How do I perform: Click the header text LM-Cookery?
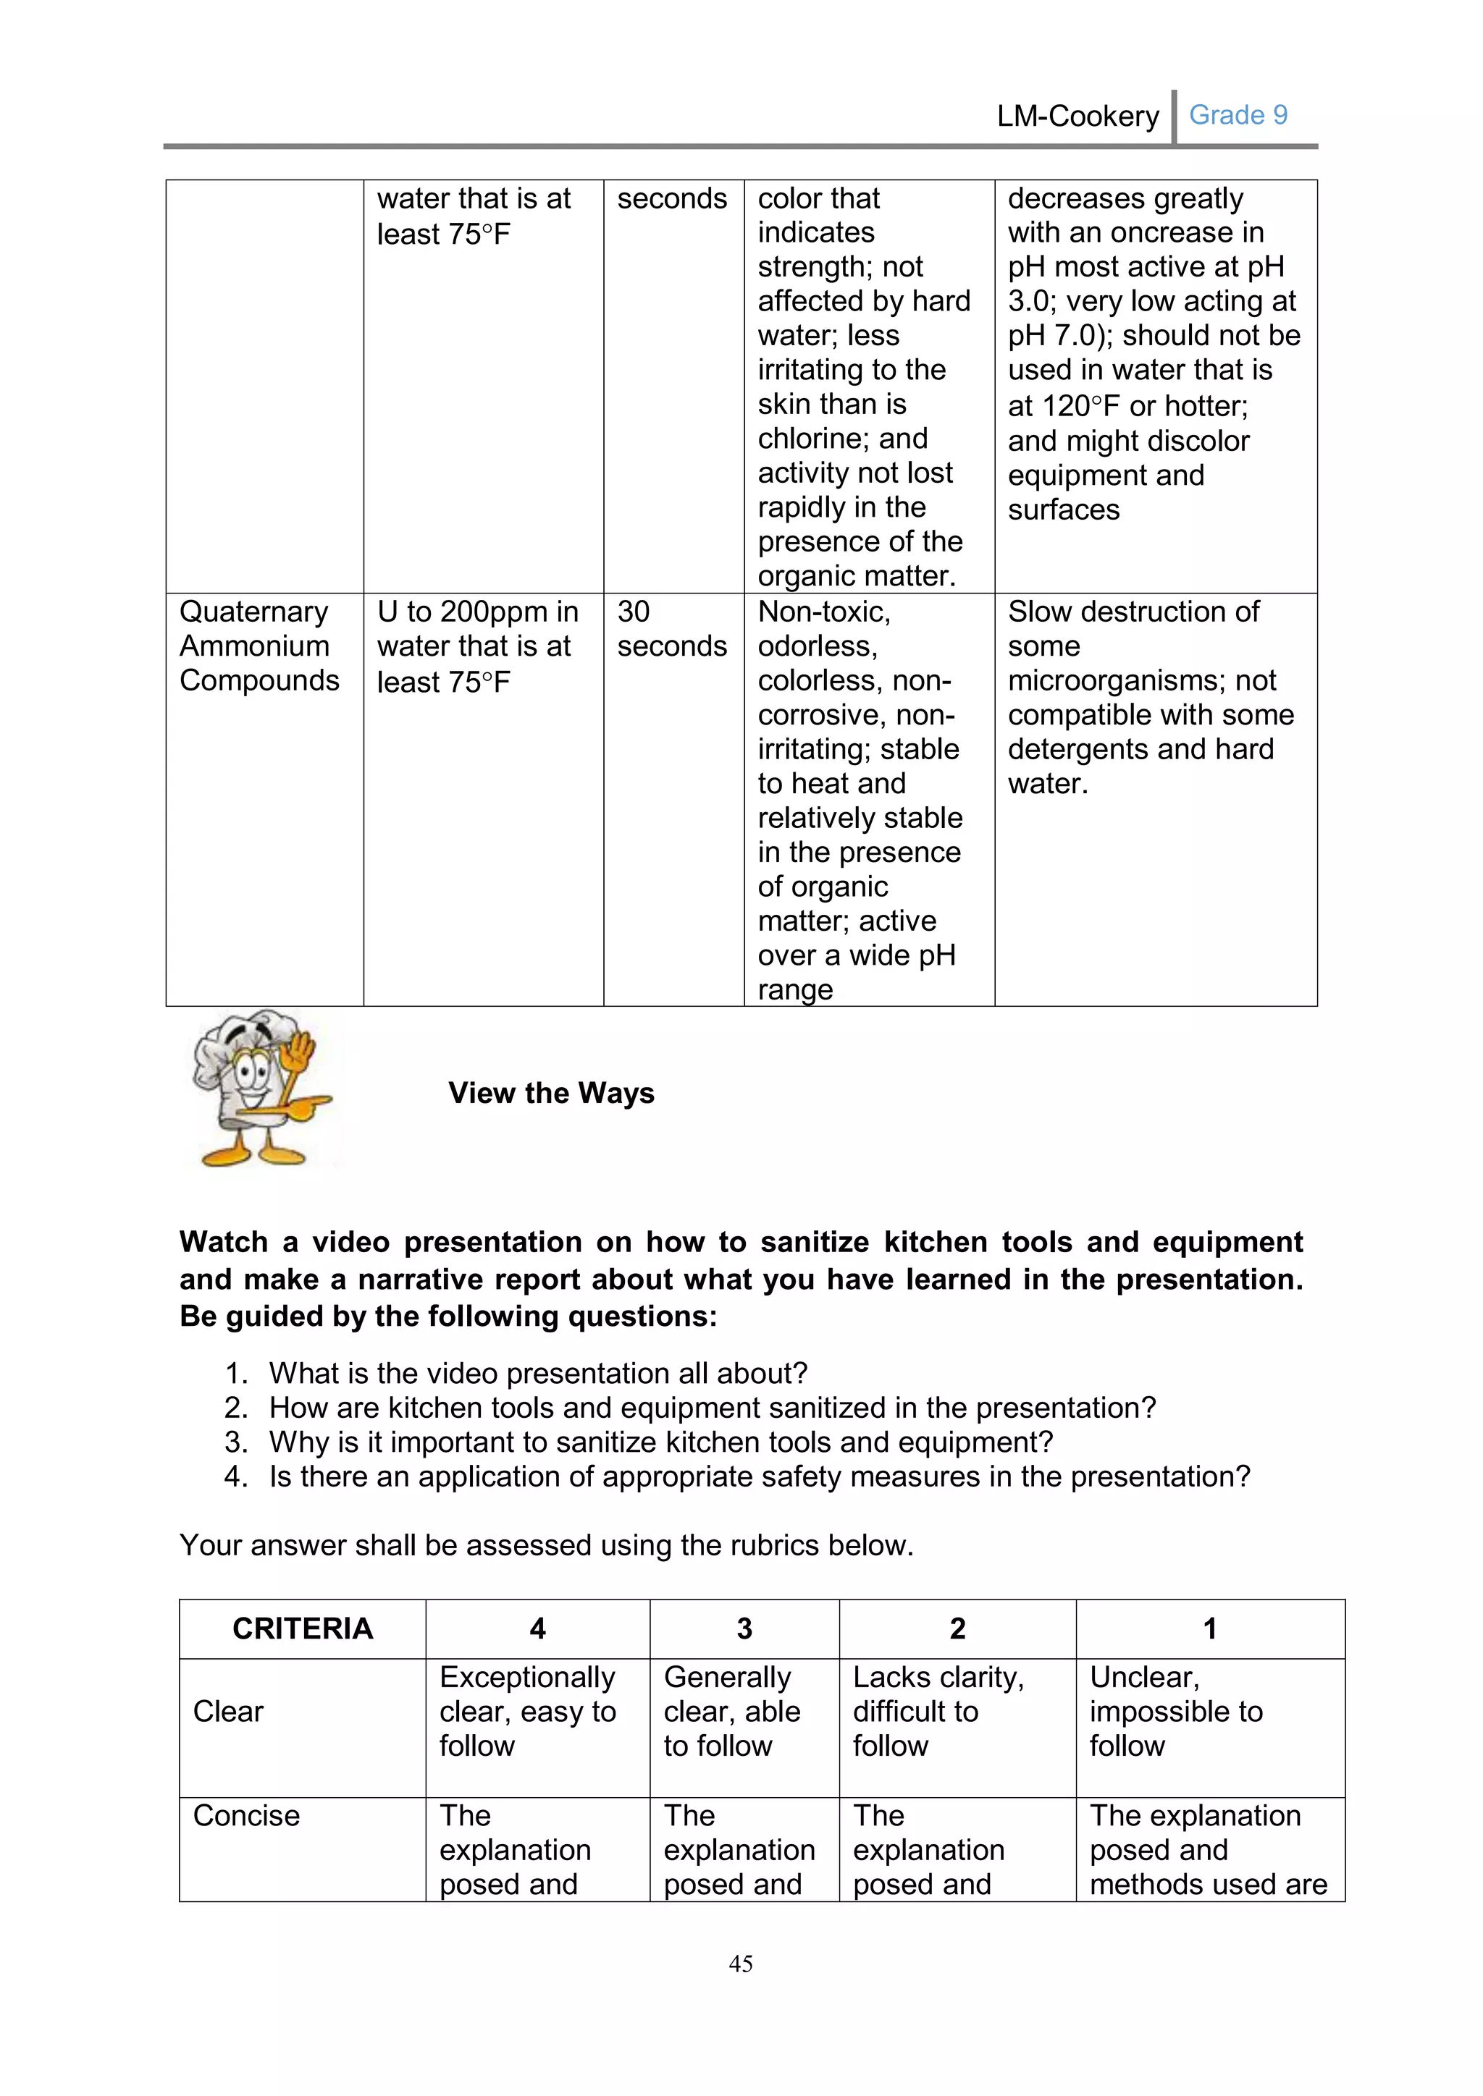[x=1077, y=116]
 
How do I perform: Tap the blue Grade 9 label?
[x=1238, y=115]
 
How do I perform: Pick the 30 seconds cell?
[x=671, y=628]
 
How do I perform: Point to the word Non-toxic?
[x=823, y=612]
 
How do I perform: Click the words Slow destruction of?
[x=1133, y=612]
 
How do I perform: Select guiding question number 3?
[x=660, y=1442]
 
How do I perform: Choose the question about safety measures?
[x=758, y=1476]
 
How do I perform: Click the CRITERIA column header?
[x=302, y=1628]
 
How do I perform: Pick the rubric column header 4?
[x=538, y=1628]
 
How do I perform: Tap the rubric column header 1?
[x=1210, y=1628]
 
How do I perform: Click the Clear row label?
[x=228, y=1711]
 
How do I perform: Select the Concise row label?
[x=246, y=1815]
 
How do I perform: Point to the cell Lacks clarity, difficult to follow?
[x=938, y=1711]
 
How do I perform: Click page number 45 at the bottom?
[x=741, y=1963]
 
